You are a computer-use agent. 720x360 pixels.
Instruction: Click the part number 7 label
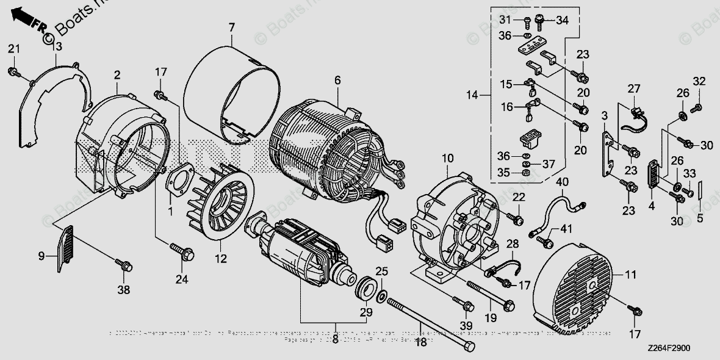click(x=231, y=27)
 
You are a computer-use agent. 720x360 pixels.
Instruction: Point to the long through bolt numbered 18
click(x=427, y=323)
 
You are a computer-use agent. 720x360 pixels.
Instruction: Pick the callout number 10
click(x=448, y=159)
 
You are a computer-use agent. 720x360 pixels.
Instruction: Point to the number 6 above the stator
click(x=337, y=80)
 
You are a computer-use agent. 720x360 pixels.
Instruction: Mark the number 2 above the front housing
click(x=117, y=75)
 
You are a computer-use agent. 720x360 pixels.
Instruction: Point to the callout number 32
click(x=698, y=81)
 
